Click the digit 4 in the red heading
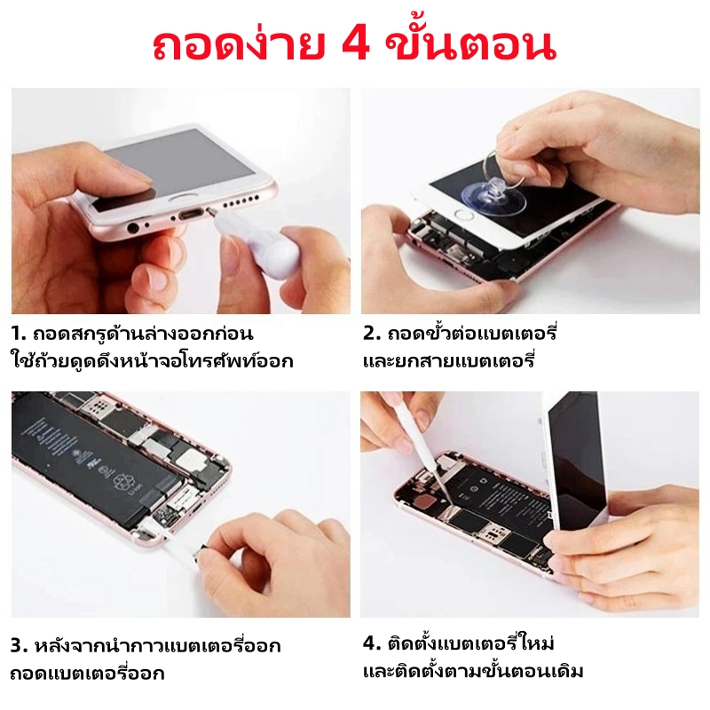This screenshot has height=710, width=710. (356, 46)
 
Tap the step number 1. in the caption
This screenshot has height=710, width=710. (19, 334)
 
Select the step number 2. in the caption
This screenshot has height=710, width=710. (372, 334)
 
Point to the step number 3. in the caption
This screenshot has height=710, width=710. (20, 646)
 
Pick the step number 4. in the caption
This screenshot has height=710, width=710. (372, 643)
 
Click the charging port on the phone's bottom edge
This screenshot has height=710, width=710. (190, 214)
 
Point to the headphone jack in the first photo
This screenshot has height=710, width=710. (133, 228)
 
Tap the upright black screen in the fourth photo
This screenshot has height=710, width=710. (575, 457)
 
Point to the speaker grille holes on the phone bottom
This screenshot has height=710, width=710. (241, 201)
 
